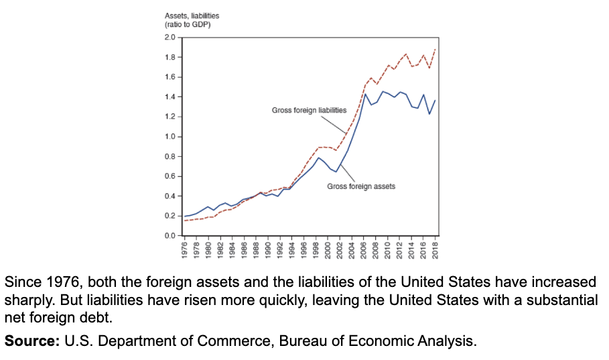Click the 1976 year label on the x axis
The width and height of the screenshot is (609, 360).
pyautogui.click(x=184, y=249)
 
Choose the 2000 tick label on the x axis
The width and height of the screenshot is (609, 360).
pyautogui.click(x=328, y=249)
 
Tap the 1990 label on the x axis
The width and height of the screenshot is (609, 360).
pyautogui.click(x=268, y=249)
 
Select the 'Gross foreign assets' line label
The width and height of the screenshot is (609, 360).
pyautogui.click(x=361, y=186)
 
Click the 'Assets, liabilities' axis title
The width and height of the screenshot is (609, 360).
pyautogui.click(x=192, y=15)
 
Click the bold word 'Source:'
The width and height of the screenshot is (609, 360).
pyautogui.click(x=32, y=341)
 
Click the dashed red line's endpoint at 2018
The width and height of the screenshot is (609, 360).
pyautogui.click(x=435, y=49)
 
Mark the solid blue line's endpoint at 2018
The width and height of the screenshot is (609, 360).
pyautogui.click(x=435, y=101)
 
